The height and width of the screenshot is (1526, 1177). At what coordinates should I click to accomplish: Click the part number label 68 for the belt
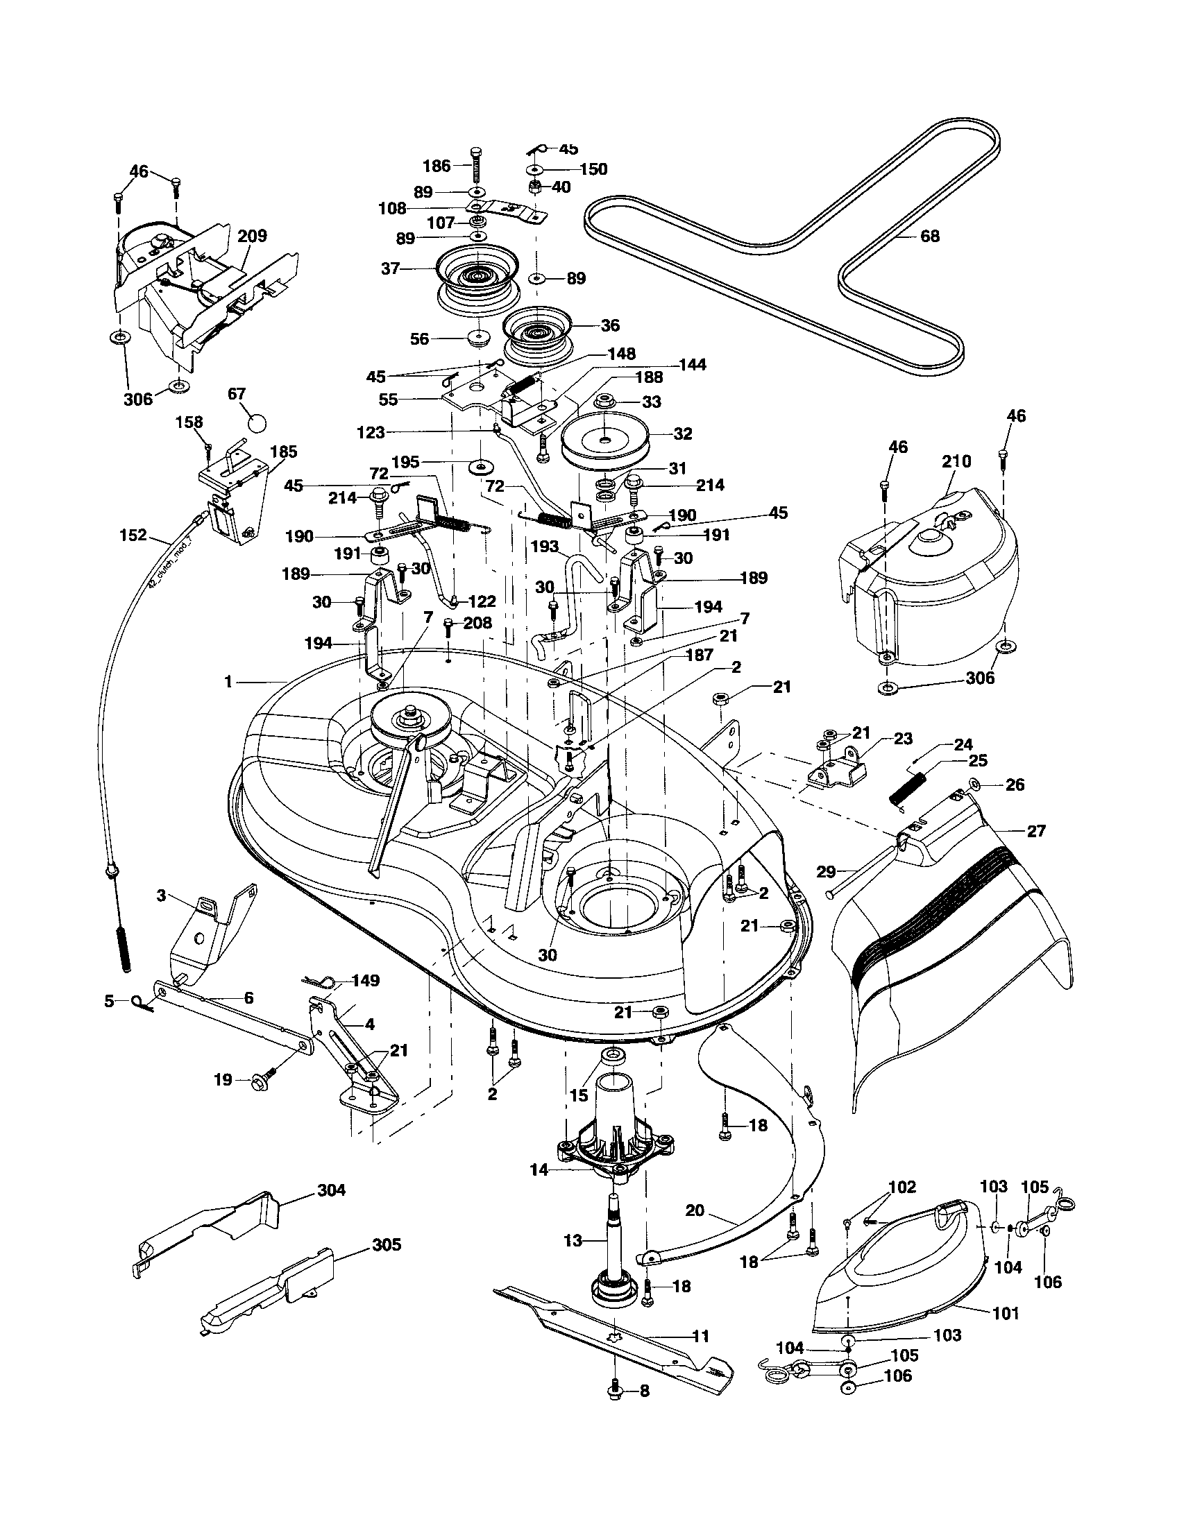[x=929, y=236]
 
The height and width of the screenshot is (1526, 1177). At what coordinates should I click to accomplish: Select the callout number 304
[x=331, y=1189]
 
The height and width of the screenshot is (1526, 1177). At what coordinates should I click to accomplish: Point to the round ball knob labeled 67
[x=258, y=423]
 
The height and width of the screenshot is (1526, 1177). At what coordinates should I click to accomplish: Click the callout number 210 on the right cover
[x=956, y=461]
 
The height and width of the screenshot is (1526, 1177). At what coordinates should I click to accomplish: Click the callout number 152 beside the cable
[x=133, y=535]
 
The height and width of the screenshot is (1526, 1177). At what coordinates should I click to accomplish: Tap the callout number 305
[x=387, y=1244]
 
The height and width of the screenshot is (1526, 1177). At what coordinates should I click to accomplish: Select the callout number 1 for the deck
[x=228, y=681]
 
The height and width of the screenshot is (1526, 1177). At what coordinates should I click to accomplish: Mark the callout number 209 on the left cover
[x=252, y=235]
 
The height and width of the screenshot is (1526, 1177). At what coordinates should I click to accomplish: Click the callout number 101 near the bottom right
[x=1006, y=1314]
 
